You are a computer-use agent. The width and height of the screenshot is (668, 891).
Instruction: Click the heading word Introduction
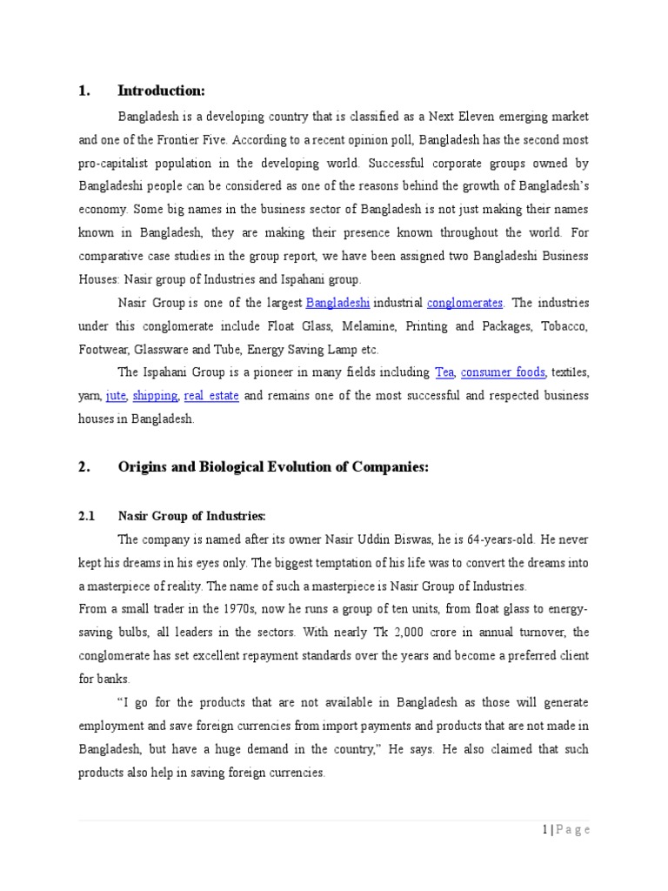[x=161, y=90]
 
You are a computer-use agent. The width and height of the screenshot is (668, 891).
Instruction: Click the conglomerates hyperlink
[x=464, y=303]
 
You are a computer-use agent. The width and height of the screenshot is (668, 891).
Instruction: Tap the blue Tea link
[x=444, y=372]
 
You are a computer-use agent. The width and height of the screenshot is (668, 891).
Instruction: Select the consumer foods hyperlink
[x=503, y=372]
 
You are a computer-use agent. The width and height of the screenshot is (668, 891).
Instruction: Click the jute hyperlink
[x=116, y=396]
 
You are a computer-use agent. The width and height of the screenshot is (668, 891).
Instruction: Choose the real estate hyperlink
[x=211, y=396]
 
